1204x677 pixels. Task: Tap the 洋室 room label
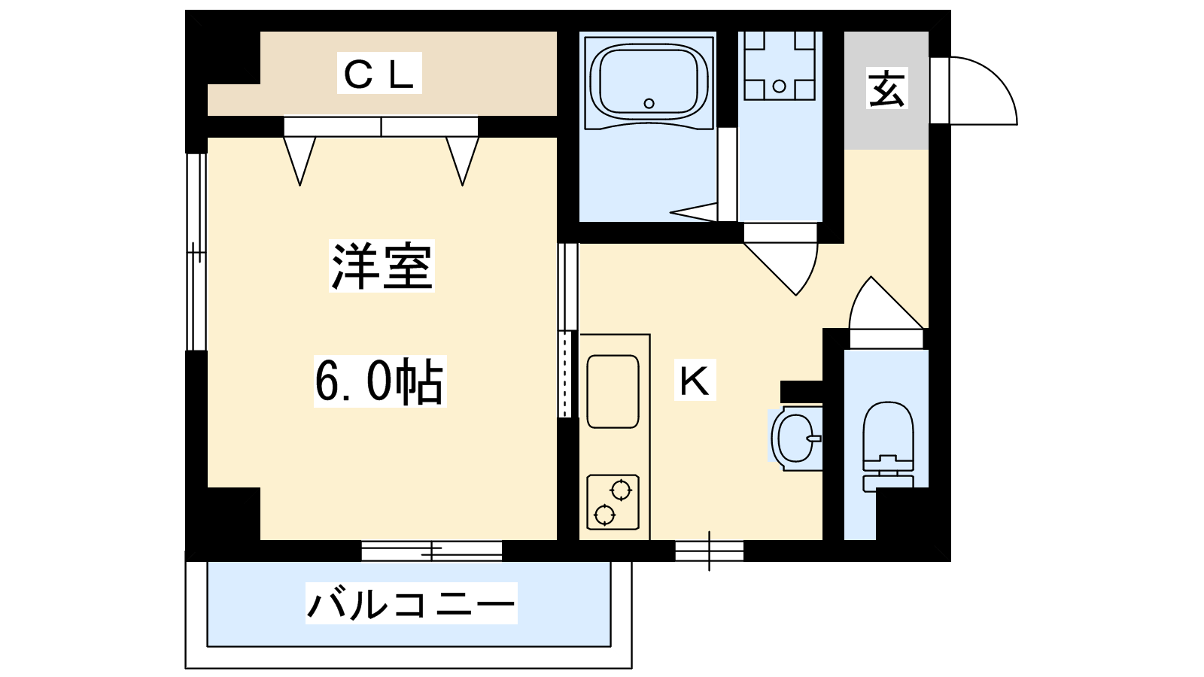pyautogui.click(x=382, y=266)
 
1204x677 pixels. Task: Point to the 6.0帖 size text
pyautogui.click(x=379, y=381)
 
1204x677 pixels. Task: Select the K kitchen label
pyautogui.click(x=695, y=380)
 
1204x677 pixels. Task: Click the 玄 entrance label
pyautogui.click(x=887, y=88)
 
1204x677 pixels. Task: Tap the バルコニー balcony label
pyautogui.click(x=411, y=603)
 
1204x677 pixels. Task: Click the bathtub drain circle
pyautogui.click(x=649, y=103)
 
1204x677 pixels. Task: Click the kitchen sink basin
pyautogui.click(x=613, y=391)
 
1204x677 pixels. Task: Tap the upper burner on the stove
pyautogui.click(x=621, y=490)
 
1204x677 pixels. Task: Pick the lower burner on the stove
pyautogui.click(x=605, y=515)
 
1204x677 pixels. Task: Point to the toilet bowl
pyautogui.click(x=888, y=430)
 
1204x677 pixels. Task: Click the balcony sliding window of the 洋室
pyautogui.click(x=432, y=551)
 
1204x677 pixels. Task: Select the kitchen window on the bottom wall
pyautogui.click(x=709, y=551)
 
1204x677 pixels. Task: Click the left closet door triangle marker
pyautogui.click(x=299, y=160)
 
